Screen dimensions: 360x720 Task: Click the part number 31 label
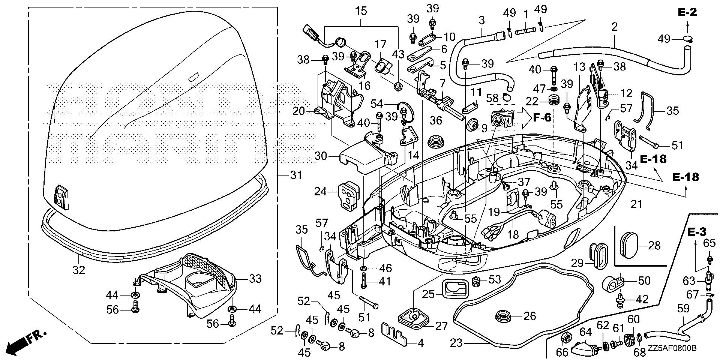click(x=296, y=175)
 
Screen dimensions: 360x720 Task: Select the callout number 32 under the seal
click(x=79, y=270)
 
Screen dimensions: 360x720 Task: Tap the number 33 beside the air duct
click(x=255, y=279)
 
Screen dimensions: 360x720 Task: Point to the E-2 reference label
click(x=687, y=12)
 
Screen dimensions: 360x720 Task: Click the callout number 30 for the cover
click(x=321, y=156)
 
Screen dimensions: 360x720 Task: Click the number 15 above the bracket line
click(x=361, y=11)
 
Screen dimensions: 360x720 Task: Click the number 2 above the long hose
click(x=614, y=27)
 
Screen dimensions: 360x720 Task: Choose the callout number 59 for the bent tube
click(x=684, y=309)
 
